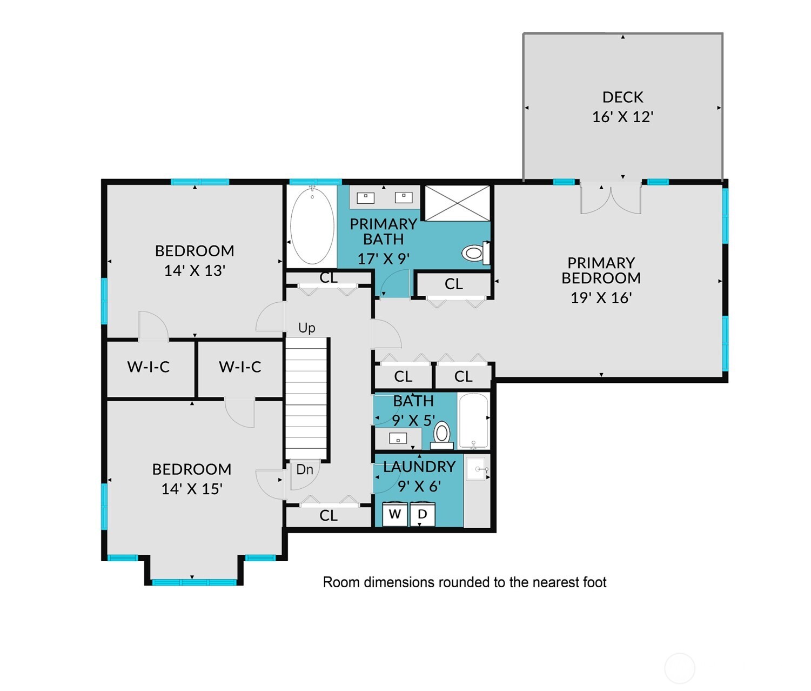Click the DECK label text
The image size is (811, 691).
coord(622,97)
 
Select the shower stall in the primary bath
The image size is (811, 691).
coord(457,203)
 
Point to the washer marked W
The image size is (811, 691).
coord(394,514)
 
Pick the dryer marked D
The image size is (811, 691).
coord(423,514)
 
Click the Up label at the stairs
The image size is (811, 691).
coord(306,328)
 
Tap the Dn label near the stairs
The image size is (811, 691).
coord(305,469)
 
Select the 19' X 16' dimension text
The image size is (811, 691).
coord(601,298)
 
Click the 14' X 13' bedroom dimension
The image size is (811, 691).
coord(195,270)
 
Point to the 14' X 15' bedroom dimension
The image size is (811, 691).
coord(192,489)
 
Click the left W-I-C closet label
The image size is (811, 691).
coord(148,367)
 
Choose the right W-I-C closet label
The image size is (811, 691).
coord(240,367)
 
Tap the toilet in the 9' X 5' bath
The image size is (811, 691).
coord(442,434)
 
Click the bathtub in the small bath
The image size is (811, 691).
coord(473,421)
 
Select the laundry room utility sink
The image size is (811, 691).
coord(477,469)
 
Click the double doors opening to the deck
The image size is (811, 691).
coord(611,199)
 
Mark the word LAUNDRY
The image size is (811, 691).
coord(419,467)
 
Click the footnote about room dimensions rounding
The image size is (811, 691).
coord(464,582)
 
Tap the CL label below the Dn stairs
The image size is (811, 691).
coord(328,515)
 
